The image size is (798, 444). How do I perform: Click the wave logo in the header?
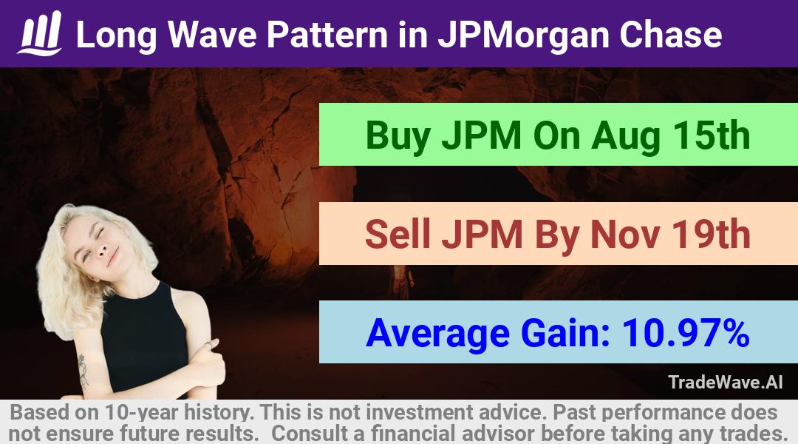coord(40,33)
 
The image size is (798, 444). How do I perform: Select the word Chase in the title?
coord(670,35)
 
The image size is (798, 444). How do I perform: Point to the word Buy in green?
coord(398,136)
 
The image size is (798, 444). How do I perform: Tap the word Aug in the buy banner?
coord(627,137)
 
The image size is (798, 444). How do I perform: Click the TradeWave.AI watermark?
coord(726,382)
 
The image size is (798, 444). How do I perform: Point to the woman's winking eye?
coord(100,233)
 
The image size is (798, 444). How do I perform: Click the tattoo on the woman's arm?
coord(83,371)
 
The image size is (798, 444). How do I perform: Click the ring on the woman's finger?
coord(208,346)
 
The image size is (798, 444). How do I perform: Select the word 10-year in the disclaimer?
coord(140,412)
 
